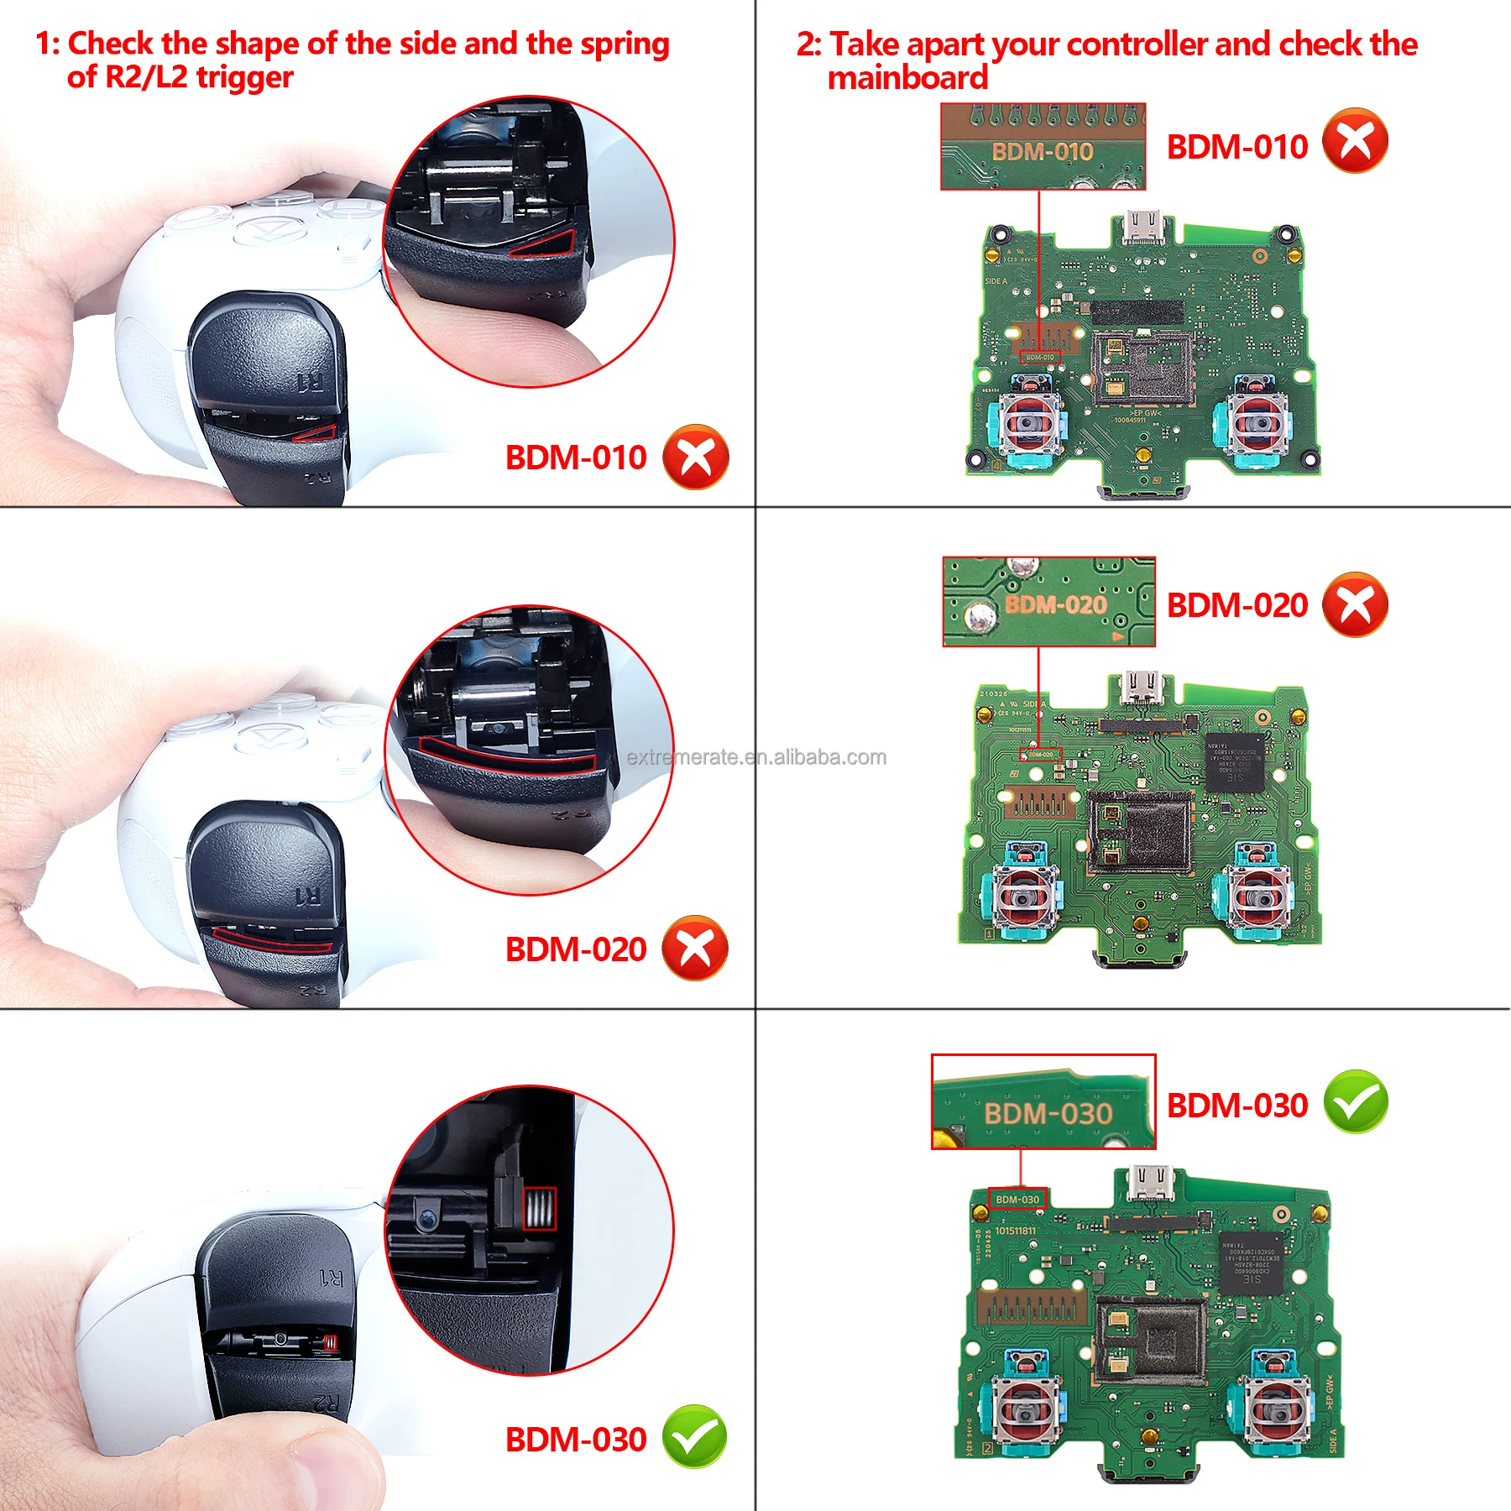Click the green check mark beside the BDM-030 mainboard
[x=1355, y=1102]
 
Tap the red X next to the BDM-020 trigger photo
[x=695, y=948]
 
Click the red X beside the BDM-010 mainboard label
[x=1355, y=141]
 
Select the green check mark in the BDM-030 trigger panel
[x=695, y=1437]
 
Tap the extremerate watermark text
[x=755, y=757]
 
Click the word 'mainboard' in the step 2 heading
[x=907, y=78]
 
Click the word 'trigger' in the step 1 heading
[x=244, y=77]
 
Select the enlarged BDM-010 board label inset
[x=1043, y=147]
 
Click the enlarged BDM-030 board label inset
[x=1043, y=1102]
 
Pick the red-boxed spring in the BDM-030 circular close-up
[x=539, y=1209]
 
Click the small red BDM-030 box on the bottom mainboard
[x=1017, y=1200]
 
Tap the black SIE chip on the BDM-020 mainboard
[x=1235, y=761]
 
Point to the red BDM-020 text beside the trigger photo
[x=576, y=949]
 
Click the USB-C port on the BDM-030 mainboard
[x=1149, y=1184]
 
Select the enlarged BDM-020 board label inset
[x=1048, y=602]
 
